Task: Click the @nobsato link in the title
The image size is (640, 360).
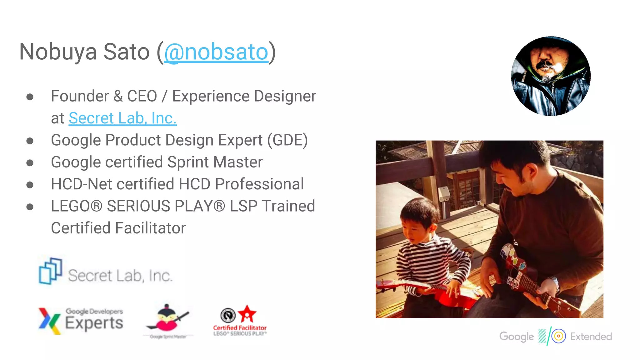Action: [216, 52]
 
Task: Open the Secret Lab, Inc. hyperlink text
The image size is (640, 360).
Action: [123, 118]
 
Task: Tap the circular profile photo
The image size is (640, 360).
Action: [551, 76]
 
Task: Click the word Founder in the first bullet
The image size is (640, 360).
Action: [80, 96]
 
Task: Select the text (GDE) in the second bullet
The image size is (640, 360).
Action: [287, 140]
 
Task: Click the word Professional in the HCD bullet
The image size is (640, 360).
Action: [259, 184]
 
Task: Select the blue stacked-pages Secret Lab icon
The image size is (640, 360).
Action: [50, 271]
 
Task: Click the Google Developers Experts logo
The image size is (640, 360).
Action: [81, 321]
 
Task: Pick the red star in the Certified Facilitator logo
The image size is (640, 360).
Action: [247, 314]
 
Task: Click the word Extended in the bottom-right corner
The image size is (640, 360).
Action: [591, 337]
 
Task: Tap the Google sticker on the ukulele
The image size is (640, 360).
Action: [512, 283]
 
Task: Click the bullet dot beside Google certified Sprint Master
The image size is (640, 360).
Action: [30, 163]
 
